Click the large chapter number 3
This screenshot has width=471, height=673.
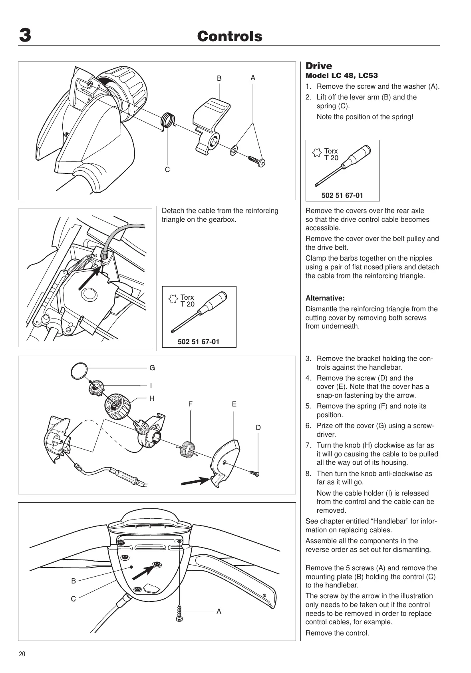point(25,36)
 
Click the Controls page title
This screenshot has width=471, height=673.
point(230,36)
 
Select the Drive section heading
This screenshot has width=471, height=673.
point(318,66)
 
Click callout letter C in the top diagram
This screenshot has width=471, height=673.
point(167,170)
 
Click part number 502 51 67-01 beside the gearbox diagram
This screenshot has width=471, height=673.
point(199,342)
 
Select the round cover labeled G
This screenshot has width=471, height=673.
point(78,371)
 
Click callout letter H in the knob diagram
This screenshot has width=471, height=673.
point(152,398)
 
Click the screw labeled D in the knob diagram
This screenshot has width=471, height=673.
point(255,474)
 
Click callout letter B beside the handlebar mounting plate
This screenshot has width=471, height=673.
point(74,581)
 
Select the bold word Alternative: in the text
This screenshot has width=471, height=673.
point(325,298)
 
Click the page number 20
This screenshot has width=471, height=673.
point(22,654)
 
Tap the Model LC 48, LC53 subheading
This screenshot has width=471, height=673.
point(342,76)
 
